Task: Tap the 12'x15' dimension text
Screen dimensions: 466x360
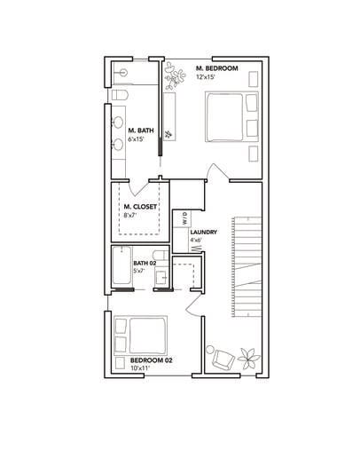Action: point(206,78)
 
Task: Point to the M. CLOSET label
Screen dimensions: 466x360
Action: point(140,206)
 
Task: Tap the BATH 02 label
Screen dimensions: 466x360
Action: point(145,263)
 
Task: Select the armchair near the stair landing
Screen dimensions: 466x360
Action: point(223,359)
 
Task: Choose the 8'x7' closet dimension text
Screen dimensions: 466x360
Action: point(129,215)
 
